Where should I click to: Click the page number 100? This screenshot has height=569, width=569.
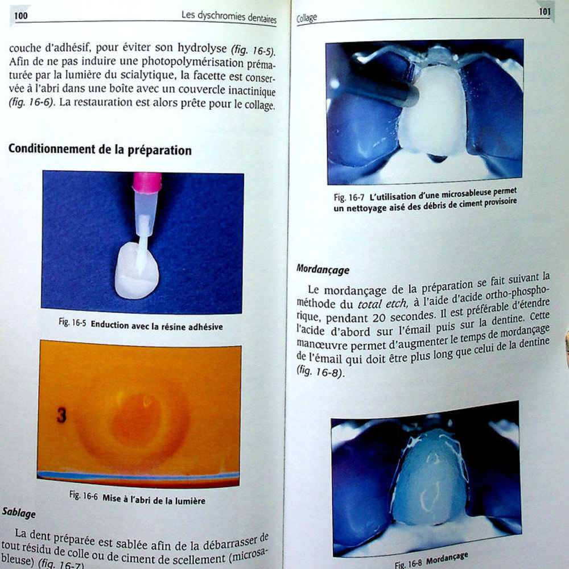click(20, 15)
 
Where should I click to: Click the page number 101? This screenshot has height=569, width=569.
click(545, 11)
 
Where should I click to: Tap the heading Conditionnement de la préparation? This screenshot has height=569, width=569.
click(100, 149)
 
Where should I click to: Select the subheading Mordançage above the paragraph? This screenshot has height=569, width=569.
click(323, 270)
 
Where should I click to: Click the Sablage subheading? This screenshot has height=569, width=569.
click(19, 513)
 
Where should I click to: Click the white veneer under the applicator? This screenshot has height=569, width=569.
click(137, 271)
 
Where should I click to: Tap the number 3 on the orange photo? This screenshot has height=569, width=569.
click(61, 415)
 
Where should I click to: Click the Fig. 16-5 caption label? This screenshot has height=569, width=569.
click(72, 322)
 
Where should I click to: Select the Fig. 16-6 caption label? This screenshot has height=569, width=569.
click(84, 496)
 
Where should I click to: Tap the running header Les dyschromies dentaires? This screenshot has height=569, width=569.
click(229, 17)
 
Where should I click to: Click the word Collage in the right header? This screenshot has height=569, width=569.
click(307, 18)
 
